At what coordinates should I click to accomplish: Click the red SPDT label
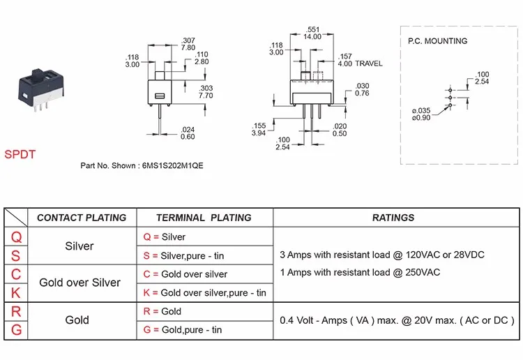click(20, 154)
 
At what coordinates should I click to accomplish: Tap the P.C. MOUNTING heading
click(437, 41)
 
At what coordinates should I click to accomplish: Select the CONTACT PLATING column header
click(82, 218)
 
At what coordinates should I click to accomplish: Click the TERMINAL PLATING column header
click(204, 218)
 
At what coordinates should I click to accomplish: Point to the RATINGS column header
click(393, 218)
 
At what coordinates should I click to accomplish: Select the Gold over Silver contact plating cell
click(79, 283)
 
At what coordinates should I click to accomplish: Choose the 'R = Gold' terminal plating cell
click(162, 311)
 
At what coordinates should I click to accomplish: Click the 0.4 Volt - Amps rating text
click(395, 320)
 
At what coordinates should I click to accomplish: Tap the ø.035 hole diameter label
click(421, 110)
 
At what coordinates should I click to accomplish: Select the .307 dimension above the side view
click(188, 40)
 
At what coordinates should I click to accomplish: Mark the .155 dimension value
click(258, 126)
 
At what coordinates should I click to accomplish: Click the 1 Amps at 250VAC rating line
click(359, 272)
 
